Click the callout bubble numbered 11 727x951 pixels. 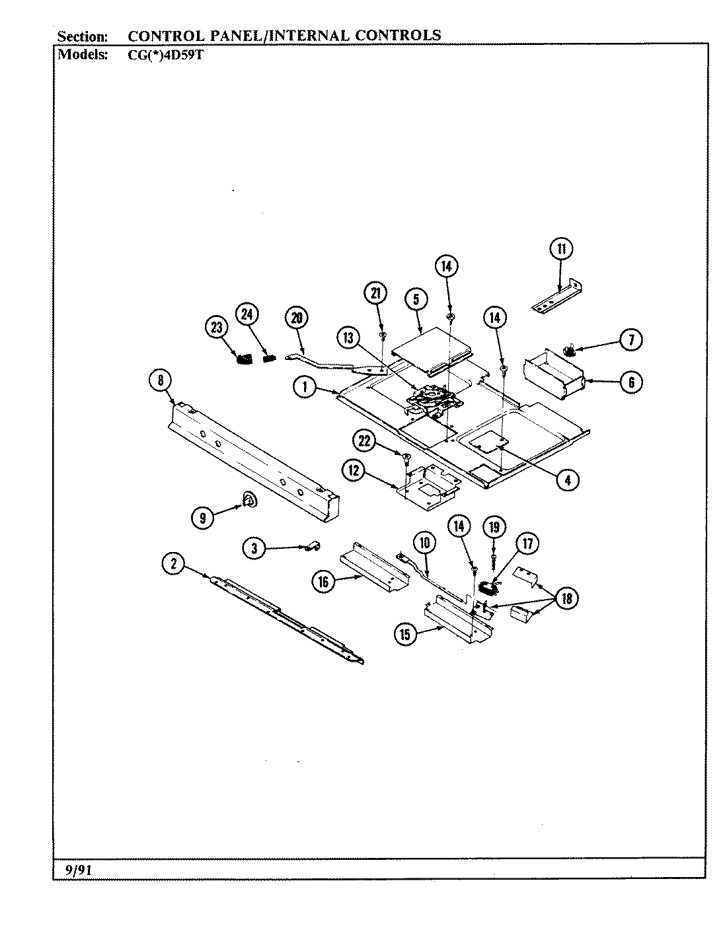(561, 249)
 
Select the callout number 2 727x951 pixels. (174, 563)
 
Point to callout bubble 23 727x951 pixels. (215, 328)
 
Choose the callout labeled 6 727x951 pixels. (631, 382)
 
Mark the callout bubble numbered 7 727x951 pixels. (631, 340)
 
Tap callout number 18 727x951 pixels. (567, 598)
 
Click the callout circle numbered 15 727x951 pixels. (406, 635)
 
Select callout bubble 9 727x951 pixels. (203, 518)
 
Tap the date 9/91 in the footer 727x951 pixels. (78, 870)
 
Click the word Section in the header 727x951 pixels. (83, 36)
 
